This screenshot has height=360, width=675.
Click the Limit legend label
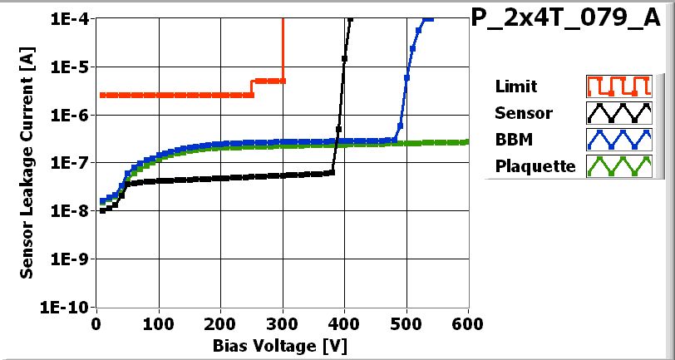pos(515,86)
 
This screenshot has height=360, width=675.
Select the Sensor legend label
pos(523,113)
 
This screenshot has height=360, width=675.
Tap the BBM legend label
pos(512,139)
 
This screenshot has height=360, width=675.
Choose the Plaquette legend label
pos(535,165)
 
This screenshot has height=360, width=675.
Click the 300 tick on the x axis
pos(283,323)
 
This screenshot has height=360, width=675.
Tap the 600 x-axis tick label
pos(468,323)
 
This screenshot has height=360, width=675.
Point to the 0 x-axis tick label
pos(97,323)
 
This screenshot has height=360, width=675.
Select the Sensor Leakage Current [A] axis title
pos(27,163)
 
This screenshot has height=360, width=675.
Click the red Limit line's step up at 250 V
pos(253,88)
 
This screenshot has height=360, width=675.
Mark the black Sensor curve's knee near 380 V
pos(331,172)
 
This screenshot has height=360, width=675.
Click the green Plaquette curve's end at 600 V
pos(467,142)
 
